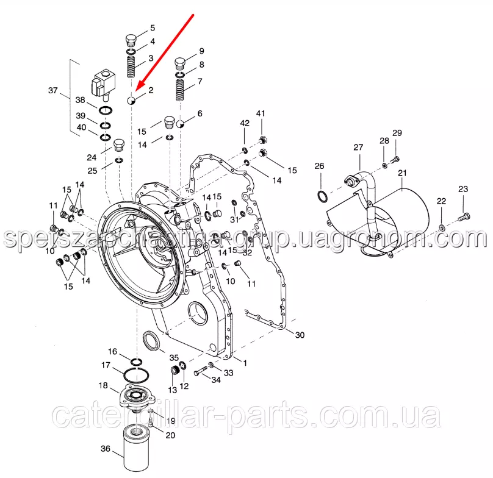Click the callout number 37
(53, 91)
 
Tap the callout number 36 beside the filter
(106, 449)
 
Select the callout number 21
(403, 173)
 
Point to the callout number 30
(298, 335)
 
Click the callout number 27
(358, 147)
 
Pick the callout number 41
(261, 113)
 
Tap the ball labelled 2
(132, 100)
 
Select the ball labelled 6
(181, 124)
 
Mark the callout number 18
(103, 385)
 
